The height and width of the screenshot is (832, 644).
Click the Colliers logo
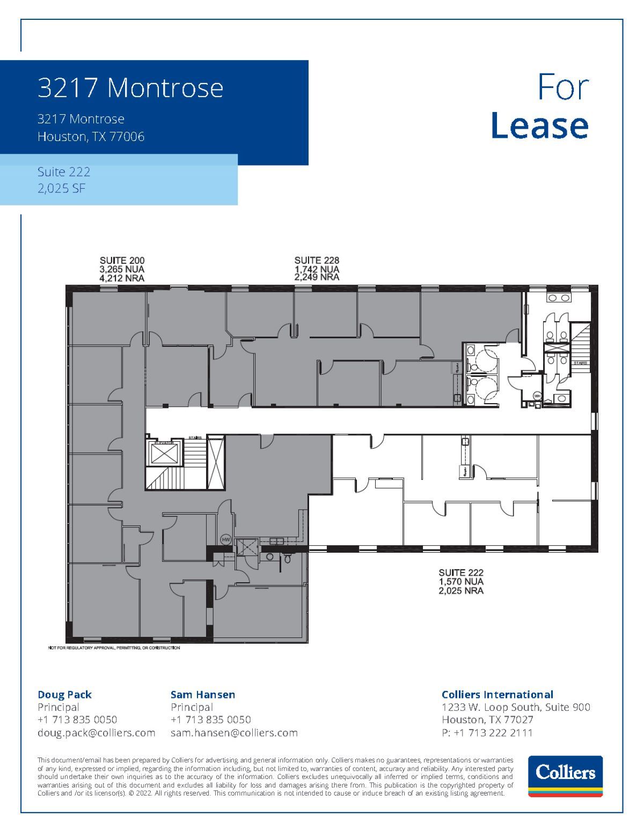pos(565,776)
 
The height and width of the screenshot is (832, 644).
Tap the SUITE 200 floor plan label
pos(122,261)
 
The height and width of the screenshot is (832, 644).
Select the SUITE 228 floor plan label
pos(317,261)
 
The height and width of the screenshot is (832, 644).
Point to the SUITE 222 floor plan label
pos(461,572)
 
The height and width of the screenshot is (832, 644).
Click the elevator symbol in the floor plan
pos(164,454)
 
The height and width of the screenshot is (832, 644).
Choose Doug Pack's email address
pos(96,733)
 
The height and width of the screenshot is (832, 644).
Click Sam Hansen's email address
pos(234,733)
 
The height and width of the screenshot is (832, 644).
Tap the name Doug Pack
pos(64,695)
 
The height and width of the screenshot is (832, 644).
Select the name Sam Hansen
pos(203,695)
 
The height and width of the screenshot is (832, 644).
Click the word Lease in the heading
pos(539,125)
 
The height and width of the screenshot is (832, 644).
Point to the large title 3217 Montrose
pos(130,87)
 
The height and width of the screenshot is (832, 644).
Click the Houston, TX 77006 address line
pos(91,137)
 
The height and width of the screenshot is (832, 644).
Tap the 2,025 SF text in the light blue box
pos(62,188)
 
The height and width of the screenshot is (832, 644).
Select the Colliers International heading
pos(497,695)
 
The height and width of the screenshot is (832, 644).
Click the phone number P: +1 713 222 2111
pos(487,733)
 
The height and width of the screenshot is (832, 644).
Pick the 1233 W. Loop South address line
pos(516,707)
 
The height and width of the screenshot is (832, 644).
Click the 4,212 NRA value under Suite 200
pos(122,278)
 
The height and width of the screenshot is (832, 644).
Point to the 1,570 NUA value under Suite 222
pos(461,582)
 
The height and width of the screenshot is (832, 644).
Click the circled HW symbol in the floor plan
pos(225,539)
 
